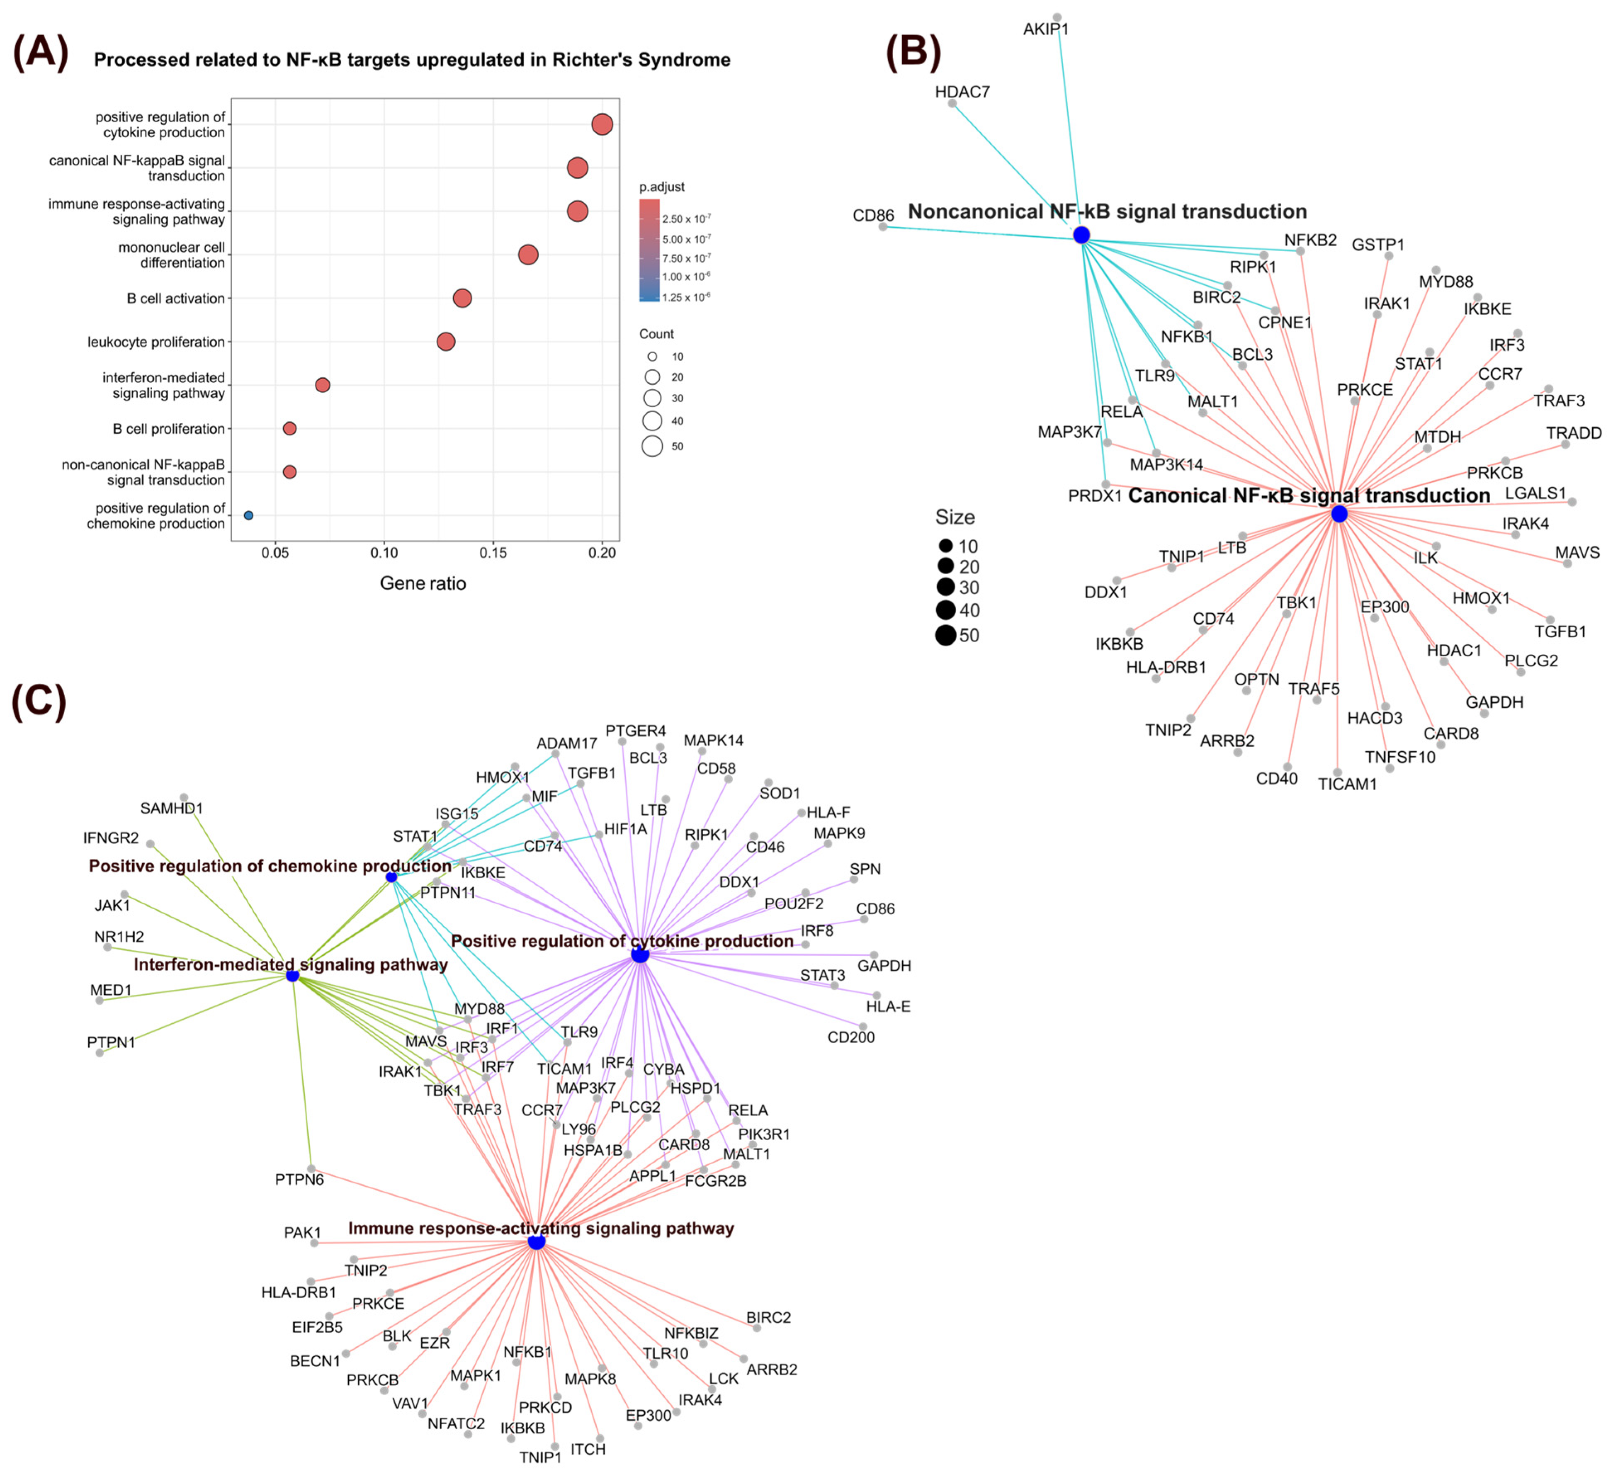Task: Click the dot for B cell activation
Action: coord(462,299)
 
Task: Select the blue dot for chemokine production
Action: coord(249,515)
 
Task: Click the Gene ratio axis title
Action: coord(423,583)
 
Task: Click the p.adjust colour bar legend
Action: coord(649,250)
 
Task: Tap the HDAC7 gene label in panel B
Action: coord(962,92)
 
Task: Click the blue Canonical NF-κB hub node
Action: coord(1339,514)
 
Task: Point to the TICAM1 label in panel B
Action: coord(1348,784)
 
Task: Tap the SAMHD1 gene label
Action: coord(172,808)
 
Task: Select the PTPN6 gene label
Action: coord(299,1180)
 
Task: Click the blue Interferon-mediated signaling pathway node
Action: coord(293,976)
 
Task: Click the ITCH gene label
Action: coord(588,1449)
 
